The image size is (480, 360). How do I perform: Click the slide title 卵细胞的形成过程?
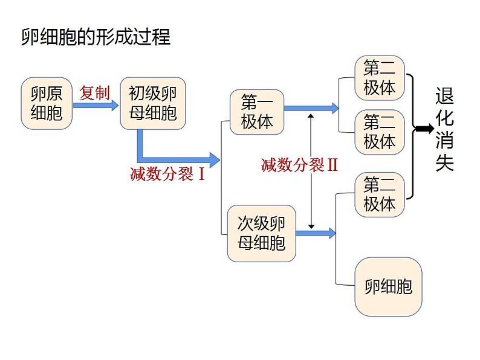point(96,37)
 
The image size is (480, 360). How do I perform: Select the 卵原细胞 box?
point(47,103)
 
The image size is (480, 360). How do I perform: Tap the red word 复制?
point(95,92)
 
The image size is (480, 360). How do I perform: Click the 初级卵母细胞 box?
point(153,103)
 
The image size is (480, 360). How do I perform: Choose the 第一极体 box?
point(257,112)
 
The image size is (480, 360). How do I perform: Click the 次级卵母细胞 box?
point(261,233)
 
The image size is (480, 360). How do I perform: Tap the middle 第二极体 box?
point(379,132)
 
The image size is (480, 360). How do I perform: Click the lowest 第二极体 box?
point(379,193)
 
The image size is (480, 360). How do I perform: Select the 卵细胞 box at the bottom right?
point(388,286)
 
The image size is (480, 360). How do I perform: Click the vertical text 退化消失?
point(444,130)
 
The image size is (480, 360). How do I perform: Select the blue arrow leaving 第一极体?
point(311,109)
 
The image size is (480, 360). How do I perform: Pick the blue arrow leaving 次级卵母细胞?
point(316,233)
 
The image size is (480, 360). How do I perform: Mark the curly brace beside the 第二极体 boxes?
point(411,136)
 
